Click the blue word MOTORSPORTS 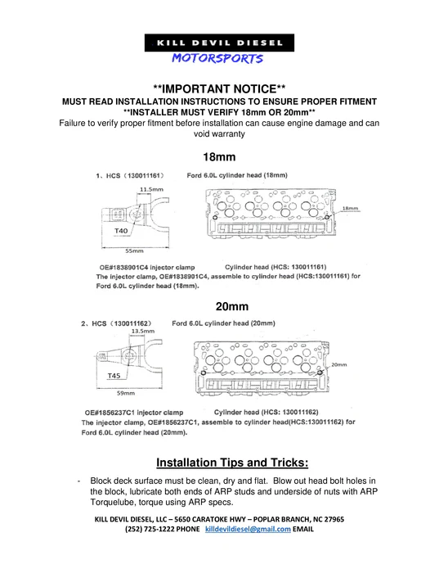click(217, 59)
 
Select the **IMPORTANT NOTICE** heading click(219, 88)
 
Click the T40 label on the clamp click(121, 232)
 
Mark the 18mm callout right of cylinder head click(351, 210)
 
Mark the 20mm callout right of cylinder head click(338, 364)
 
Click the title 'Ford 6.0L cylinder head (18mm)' click(236, 175)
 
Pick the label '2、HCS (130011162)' click(119, 323)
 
